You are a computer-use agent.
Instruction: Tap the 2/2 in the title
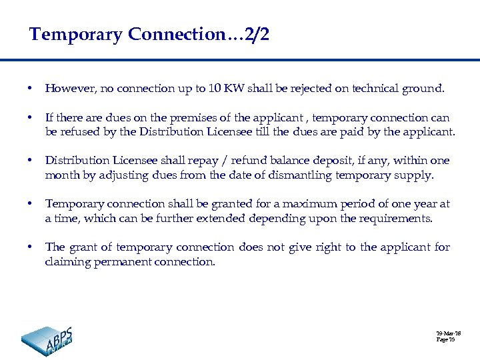pyautogui.click(x=257, y=35)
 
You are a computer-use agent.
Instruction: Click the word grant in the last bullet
pyautogui.click(x=83, y=247)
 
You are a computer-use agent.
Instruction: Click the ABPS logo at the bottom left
pyautogui.click(x=47, y=340)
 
